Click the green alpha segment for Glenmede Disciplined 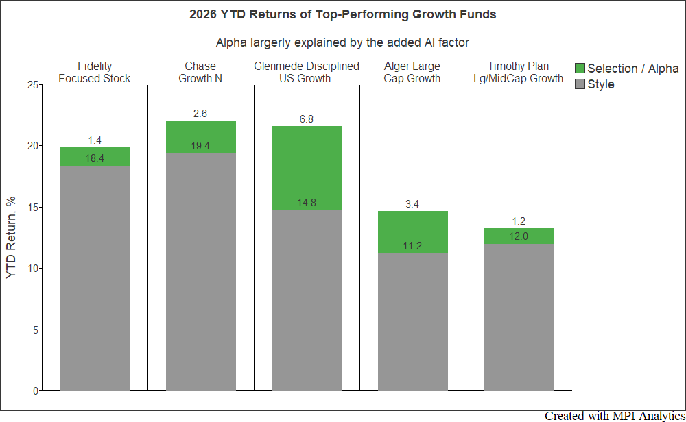tap(307, 169)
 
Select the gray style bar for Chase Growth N tap(201, 272)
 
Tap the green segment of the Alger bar tap(413, 232)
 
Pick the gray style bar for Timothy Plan tap(519, 317)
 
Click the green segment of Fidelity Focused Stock tap(95, 157)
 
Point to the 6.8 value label tap(306, 119)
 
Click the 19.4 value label tap(200, 146)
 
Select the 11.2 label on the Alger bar tap(412, 246)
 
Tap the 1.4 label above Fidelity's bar tap(95, 140)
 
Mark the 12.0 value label tap(519, 236)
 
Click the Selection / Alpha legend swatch tap(580, 68)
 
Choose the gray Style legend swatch tap(580, 84)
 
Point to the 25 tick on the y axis tap(33, 85)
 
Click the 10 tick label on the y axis tap(33, 269)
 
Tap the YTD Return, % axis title tap(11, 238)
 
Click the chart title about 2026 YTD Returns tap(342, 14)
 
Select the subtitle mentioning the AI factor tap(342, 42)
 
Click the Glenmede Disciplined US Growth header tap(306, 72)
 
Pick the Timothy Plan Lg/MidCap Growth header tap(519, 72)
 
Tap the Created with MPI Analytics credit tap(615, 416)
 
